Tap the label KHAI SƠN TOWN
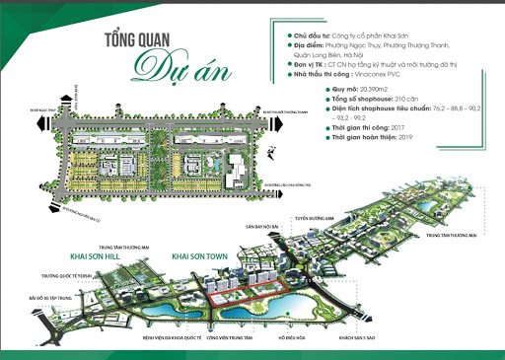tap(203, 254)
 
